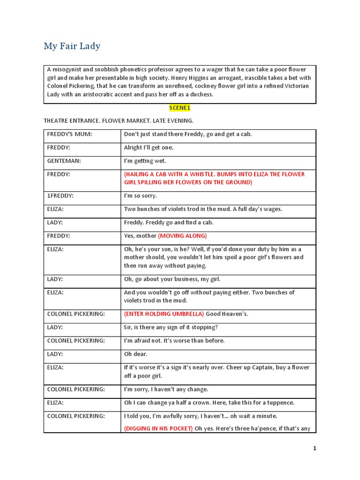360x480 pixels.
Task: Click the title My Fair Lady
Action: (x=72, y=46)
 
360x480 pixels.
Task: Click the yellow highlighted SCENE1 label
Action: (x=180, y=108)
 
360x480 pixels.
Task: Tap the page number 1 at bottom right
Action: (x=315, y=449)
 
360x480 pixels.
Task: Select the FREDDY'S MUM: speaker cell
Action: (x=69, y=134)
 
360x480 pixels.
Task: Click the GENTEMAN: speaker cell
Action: (x=64, y=161)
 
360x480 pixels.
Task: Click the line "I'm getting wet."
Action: (x=145, y=161)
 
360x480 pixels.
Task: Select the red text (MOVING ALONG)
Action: (x=182, y=236)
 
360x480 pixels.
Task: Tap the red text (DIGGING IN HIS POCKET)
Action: (x=158, y=428)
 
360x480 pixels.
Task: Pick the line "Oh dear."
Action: (x=136, y=354)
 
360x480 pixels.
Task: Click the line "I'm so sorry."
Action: (x=140, y=195)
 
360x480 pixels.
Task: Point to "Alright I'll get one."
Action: (x=149, y=148)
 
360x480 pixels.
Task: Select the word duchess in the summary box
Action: (x=200, y=94)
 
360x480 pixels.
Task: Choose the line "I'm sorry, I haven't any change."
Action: (x=166, y=390)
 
